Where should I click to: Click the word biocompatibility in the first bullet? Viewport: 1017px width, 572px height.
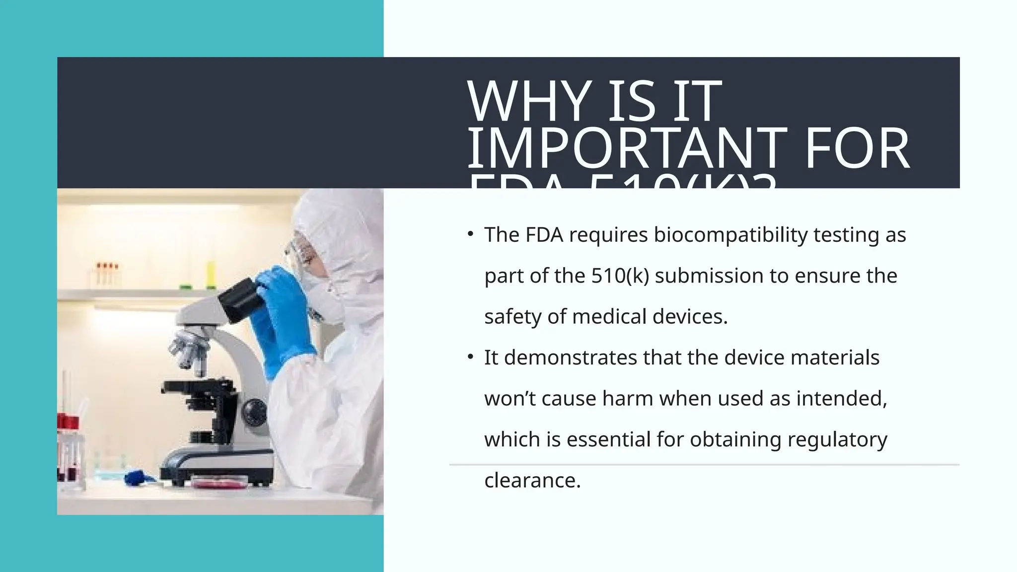(x=730, y=235)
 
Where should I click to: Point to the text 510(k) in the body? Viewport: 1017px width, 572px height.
(x=620, y=276)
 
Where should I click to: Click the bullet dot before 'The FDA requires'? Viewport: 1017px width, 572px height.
(x=470, y=234)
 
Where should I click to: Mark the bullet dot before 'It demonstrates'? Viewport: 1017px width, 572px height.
(x=470, y=357)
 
